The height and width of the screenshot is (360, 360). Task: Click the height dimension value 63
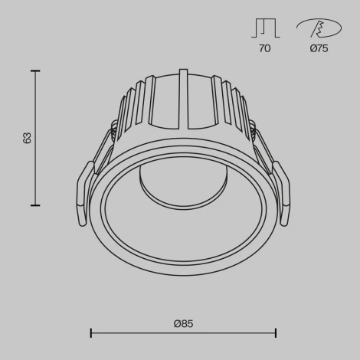tap(28, 138)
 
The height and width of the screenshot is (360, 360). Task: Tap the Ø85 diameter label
tap(182, 323)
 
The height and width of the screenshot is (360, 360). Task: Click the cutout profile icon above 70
tap(264, 28)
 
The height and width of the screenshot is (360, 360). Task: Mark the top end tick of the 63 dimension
tap(34, 70)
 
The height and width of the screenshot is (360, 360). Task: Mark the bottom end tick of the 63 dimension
tap(34, 205)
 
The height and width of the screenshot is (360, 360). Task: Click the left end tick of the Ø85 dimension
tap(91, 333)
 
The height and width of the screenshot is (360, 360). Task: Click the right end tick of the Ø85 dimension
tap(276, 333)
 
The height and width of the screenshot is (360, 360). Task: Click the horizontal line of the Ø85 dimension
tap(184, 333)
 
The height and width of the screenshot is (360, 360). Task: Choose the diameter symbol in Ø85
tap(175, 323)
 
